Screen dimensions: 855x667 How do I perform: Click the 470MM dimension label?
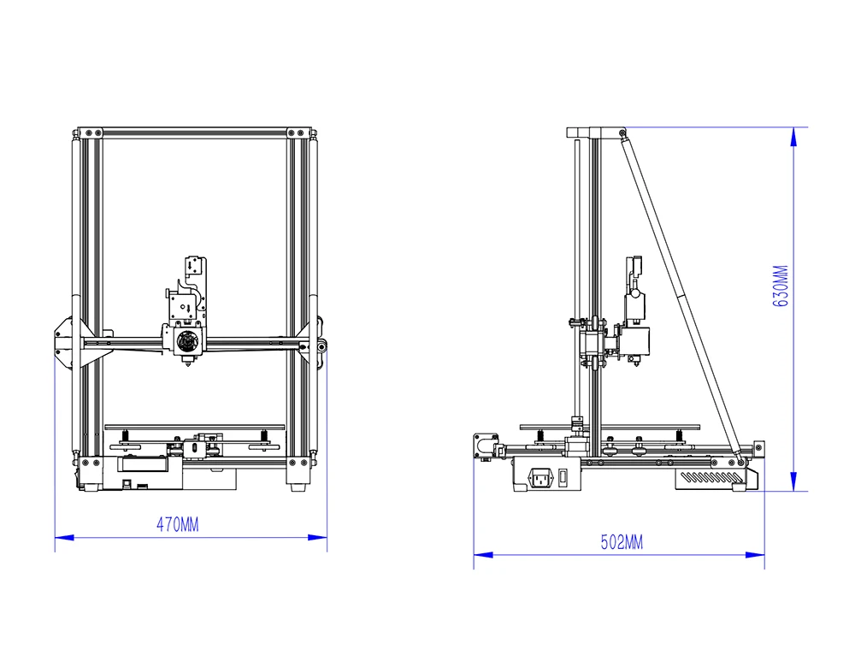click(x=177, y=525)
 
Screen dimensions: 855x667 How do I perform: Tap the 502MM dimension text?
click(x=622, y=542)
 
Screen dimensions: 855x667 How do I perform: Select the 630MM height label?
click(x=781, y=286)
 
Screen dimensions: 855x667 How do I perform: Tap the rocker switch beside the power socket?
click(x=563, y=478)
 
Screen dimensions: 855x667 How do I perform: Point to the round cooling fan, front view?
click(x=188, y=342)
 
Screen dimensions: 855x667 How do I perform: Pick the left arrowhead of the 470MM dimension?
click(x=64, y=537)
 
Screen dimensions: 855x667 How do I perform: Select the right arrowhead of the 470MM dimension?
click(x=317, y=537)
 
